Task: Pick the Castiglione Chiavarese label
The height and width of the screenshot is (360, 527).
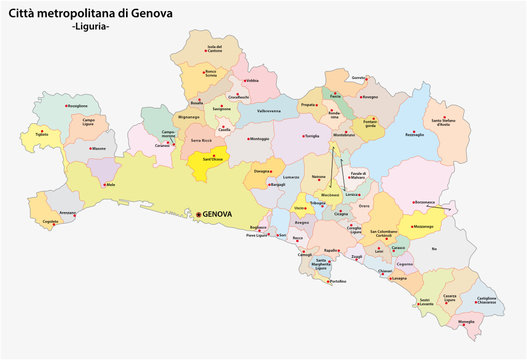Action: [x=486, y=299]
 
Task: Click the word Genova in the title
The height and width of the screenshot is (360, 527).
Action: [x=143, y=11]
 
